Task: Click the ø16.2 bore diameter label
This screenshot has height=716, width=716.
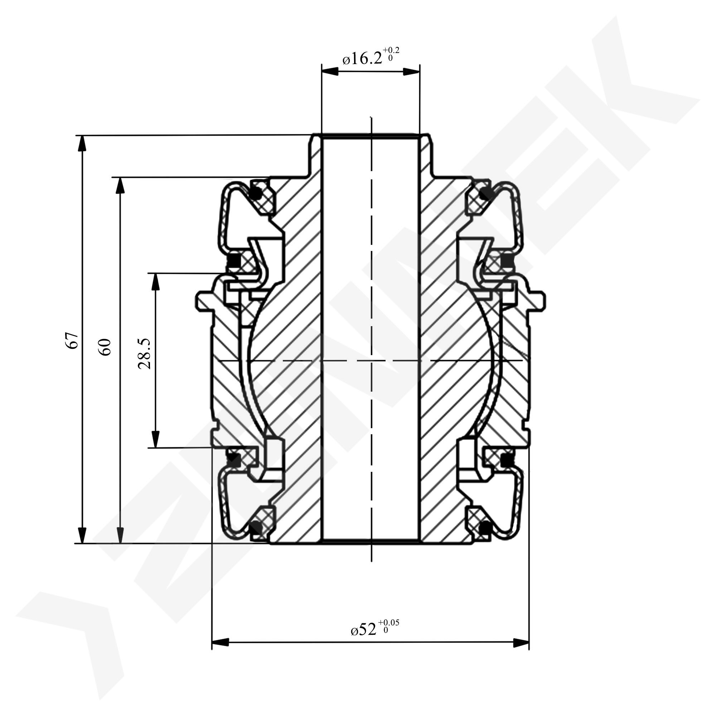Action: pos(362,59)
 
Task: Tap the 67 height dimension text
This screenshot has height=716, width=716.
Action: pos(73,340)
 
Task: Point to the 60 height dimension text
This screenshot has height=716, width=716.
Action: pos(105,347)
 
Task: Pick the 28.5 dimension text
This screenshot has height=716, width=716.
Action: pos(144,353)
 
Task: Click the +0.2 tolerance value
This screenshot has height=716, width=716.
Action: pos(391,50)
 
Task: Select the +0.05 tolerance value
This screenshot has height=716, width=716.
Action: pos(388,623)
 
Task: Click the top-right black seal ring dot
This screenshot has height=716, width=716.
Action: pos(485,193)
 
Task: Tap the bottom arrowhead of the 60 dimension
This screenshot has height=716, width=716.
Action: pos(120,535)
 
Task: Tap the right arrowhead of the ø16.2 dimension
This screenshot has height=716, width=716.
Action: pos(411,72)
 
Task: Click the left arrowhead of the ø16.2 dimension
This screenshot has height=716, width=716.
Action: pos(330,72)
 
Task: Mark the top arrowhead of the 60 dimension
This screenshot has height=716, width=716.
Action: pos(120,186)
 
